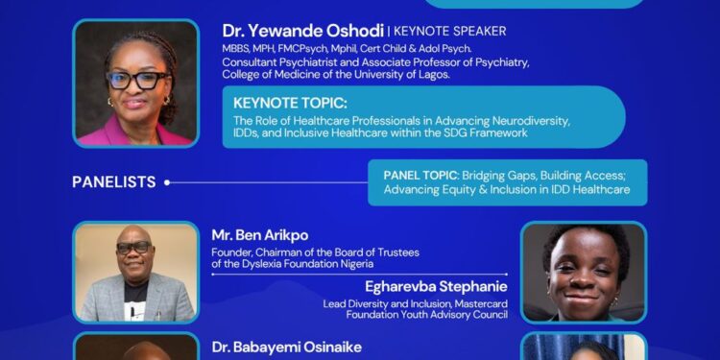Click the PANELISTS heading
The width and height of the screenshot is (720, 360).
(x=113, y=181)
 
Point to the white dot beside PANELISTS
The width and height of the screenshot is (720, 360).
(x=166, y=181)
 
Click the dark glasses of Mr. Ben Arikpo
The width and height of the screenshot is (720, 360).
(x=132, y=247)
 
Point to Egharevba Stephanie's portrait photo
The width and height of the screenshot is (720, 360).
(x=583, y=271)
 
